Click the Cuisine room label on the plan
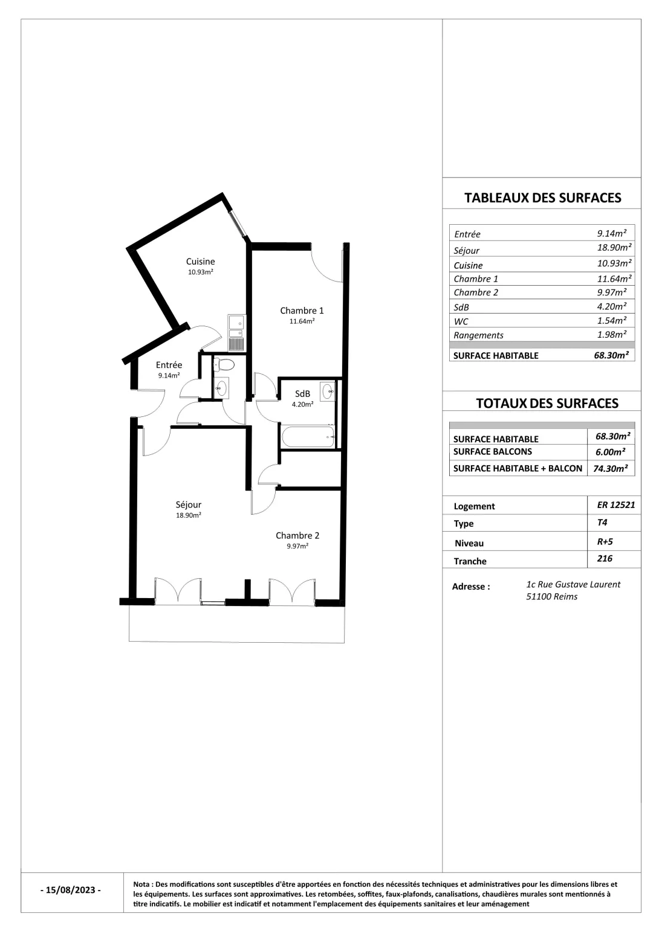(x=200, y=262)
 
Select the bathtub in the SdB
(x=308, y=436)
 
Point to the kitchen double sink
(x=236, y=326)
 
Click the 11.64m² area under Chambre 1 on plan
(x=302, y=321)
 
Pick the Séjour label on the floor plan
(x=189, y=504)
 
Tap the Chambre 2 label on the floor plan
(x=297, y=535)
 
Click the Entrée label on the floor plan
(x=169, y=365)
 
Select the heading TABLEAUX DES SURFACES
(x=542, y=198)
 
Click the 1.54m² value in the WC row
(x=612, y=321)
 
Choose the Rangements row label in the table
(x=478, y=335)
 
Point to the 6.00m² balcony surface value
(x=612, y=452)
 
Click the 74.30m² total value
(x=611, y=468)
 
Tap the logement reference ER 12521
(x=616, y=505)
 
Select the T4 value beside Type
(x=602, y=523)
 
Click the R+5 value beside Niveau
(x=605, y=541)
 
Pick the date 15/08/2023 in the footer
(x=71, y=890)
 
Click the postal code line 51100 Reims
(x=551, y=597)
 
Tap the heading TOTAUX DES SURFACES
(x=547, y=403)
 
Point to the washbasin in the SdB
(x=327, y=391)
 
